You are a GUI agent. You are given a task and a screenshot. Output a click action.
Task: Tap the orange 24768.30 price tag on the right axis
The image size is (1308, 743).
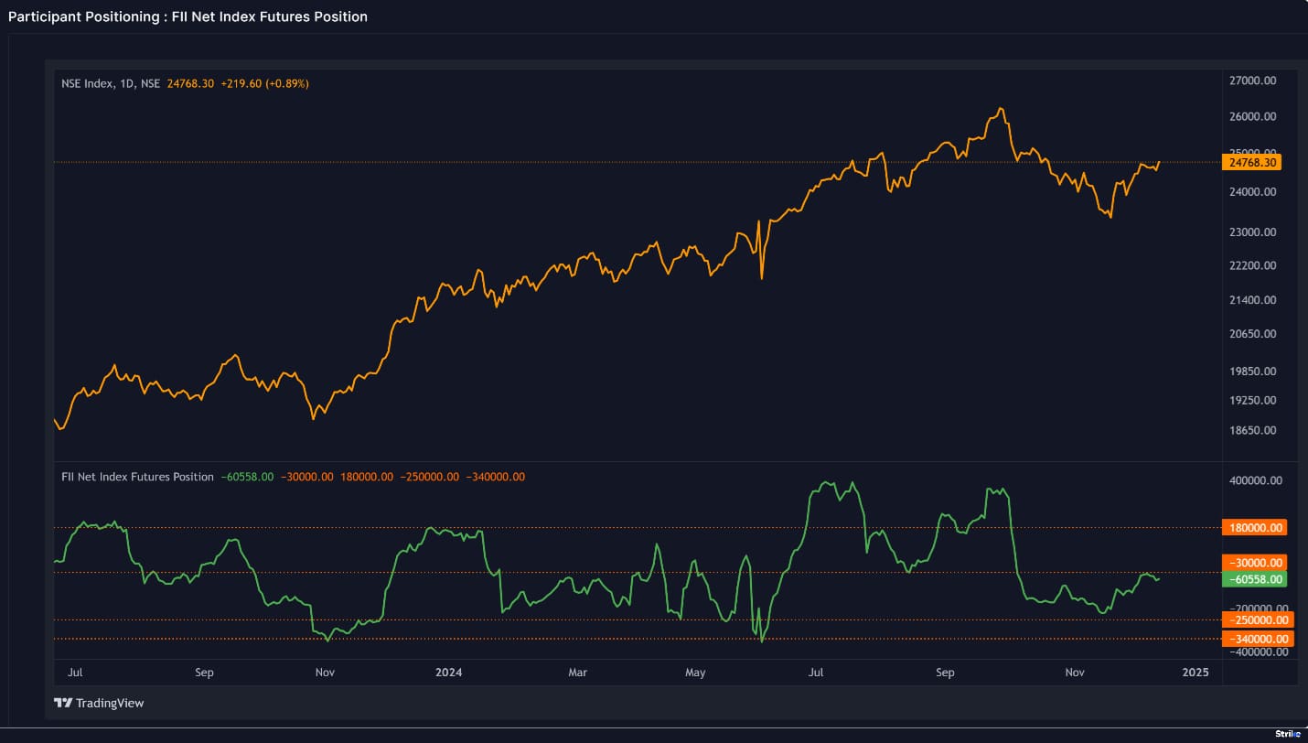tap(1252, 162)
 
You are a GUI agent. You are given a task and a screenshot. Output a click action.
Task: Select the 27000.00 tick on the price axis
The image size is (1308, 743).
tap(1252, 81)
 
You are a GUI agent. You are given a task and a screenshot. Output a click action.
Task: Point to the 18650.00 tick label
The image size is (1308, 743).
tap(1252, 430)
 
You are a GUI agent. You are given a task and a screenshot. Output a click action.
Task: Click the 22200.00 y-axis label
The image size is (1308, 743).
tap(1252, 265)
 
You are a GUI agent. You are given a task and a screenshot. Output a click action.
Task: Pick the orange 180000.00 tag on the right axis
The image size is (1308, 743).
tap(1254, 527)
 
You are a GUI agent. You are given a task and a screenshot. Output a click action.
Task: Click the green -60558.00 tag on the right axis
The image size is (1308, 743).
tap(1254, 579)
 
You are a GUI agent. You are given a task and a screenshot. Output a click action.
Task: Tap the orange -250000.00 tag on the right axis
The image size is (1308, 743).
tap(1254, 619)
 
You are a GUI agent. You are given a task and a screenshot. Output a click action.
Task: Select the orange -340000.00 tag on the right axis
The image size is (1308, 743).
tap(1254, 639)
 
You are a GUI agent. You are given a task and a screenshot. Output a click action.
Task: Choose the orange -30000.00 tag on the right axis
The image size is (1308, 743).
tap(1254, 562)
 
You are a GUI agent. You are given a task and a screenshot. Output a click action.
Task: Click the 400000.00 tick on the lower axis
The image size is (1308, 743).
tap(1252, 480)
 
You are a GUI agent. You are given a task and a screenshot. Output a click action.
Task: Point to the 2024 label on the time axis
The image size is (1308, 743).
tap(449, 673)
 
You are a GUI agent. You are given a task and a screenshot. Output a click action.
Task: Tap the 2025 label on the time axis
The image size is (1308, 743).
tap(1195, 673)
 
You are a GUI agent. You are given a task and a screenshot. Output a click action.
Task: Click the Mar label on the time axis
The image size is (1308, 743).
tap(577, 673)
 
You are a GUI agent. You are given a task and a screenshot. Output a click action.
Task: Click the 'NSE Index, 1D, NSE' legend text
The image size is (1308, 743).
tap(111, 83)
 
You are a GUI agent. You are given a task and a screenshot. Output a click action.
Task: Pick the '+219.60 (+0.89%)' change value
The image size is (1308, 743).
tap(264, 83)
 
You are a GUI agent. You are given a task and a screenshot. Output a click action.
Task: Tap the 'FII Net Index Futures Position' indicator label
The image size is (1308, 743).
tap(137, 477)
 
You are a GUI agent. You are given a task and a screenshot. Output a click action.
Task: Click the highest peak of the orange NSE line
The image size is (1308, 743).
tap(1002, 109)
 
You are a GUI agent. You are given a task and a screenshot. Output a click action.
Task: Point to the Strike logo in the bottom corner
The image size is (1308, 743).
tap(1287, 734)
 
